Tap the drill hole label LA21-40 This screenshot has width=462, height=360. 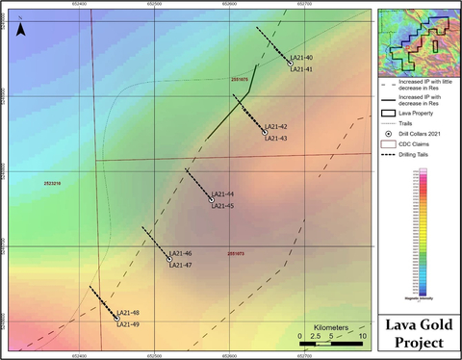pos(302,59)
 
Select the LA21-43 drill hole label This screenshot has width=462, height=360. pos(276,138)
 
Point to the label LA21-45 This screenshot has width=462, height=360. pos(222,205)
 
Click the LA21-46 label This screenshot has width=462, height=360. pos(181,254)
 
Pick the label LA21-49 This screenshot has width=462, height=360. pos(128,324)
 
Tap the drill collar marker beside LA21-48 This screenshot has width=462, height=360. pos(117,317)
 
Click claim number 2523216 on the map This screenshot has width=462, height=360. pos(55,182)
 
